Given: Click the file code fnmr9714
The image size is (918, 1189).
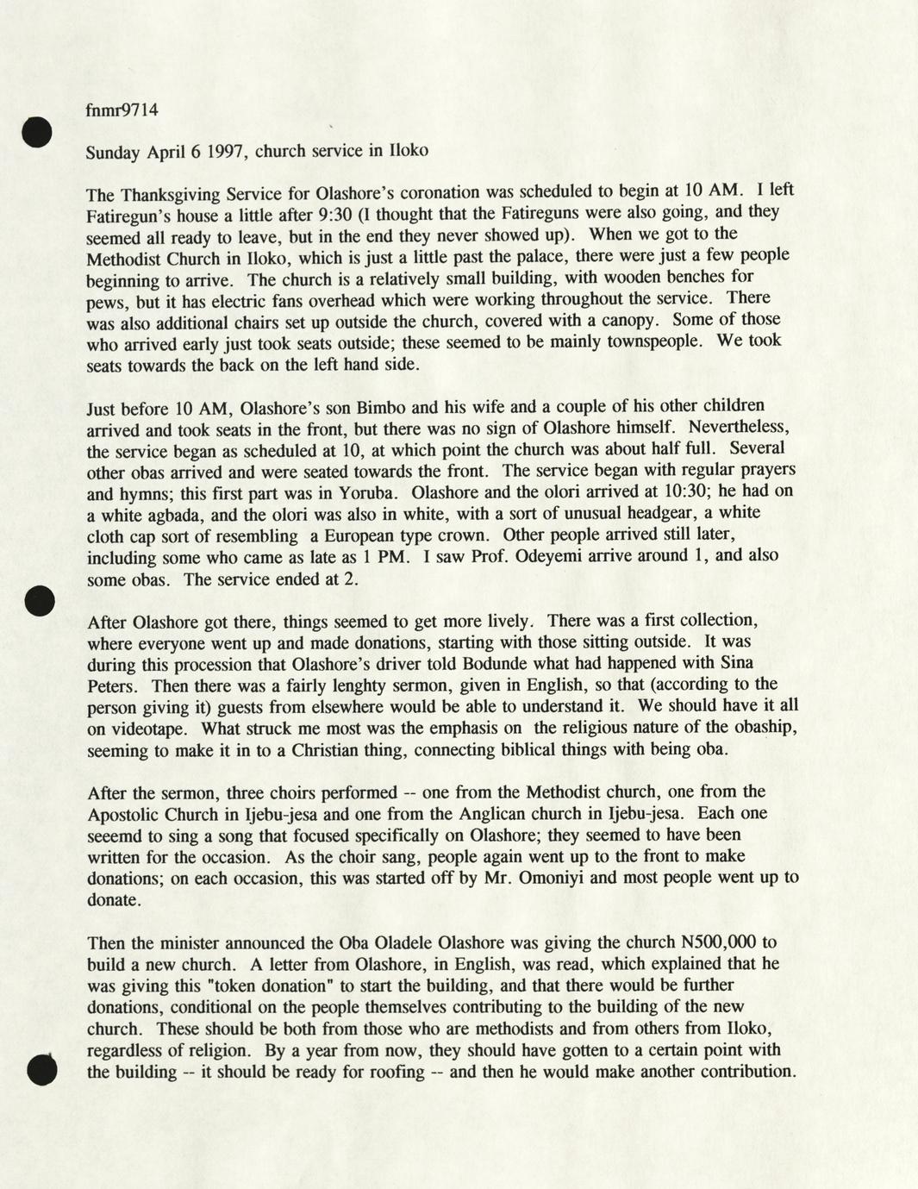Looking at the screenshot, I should [x=122, y=110].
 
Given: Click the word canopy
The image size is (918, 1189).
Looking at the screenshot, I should [x=634, y=321].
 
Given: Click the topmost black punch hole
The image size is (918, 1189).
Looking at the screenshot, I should [x=39, y=133].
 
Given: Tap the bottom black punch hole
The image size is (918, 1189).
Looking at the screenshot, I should [x=41, y=1069].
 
